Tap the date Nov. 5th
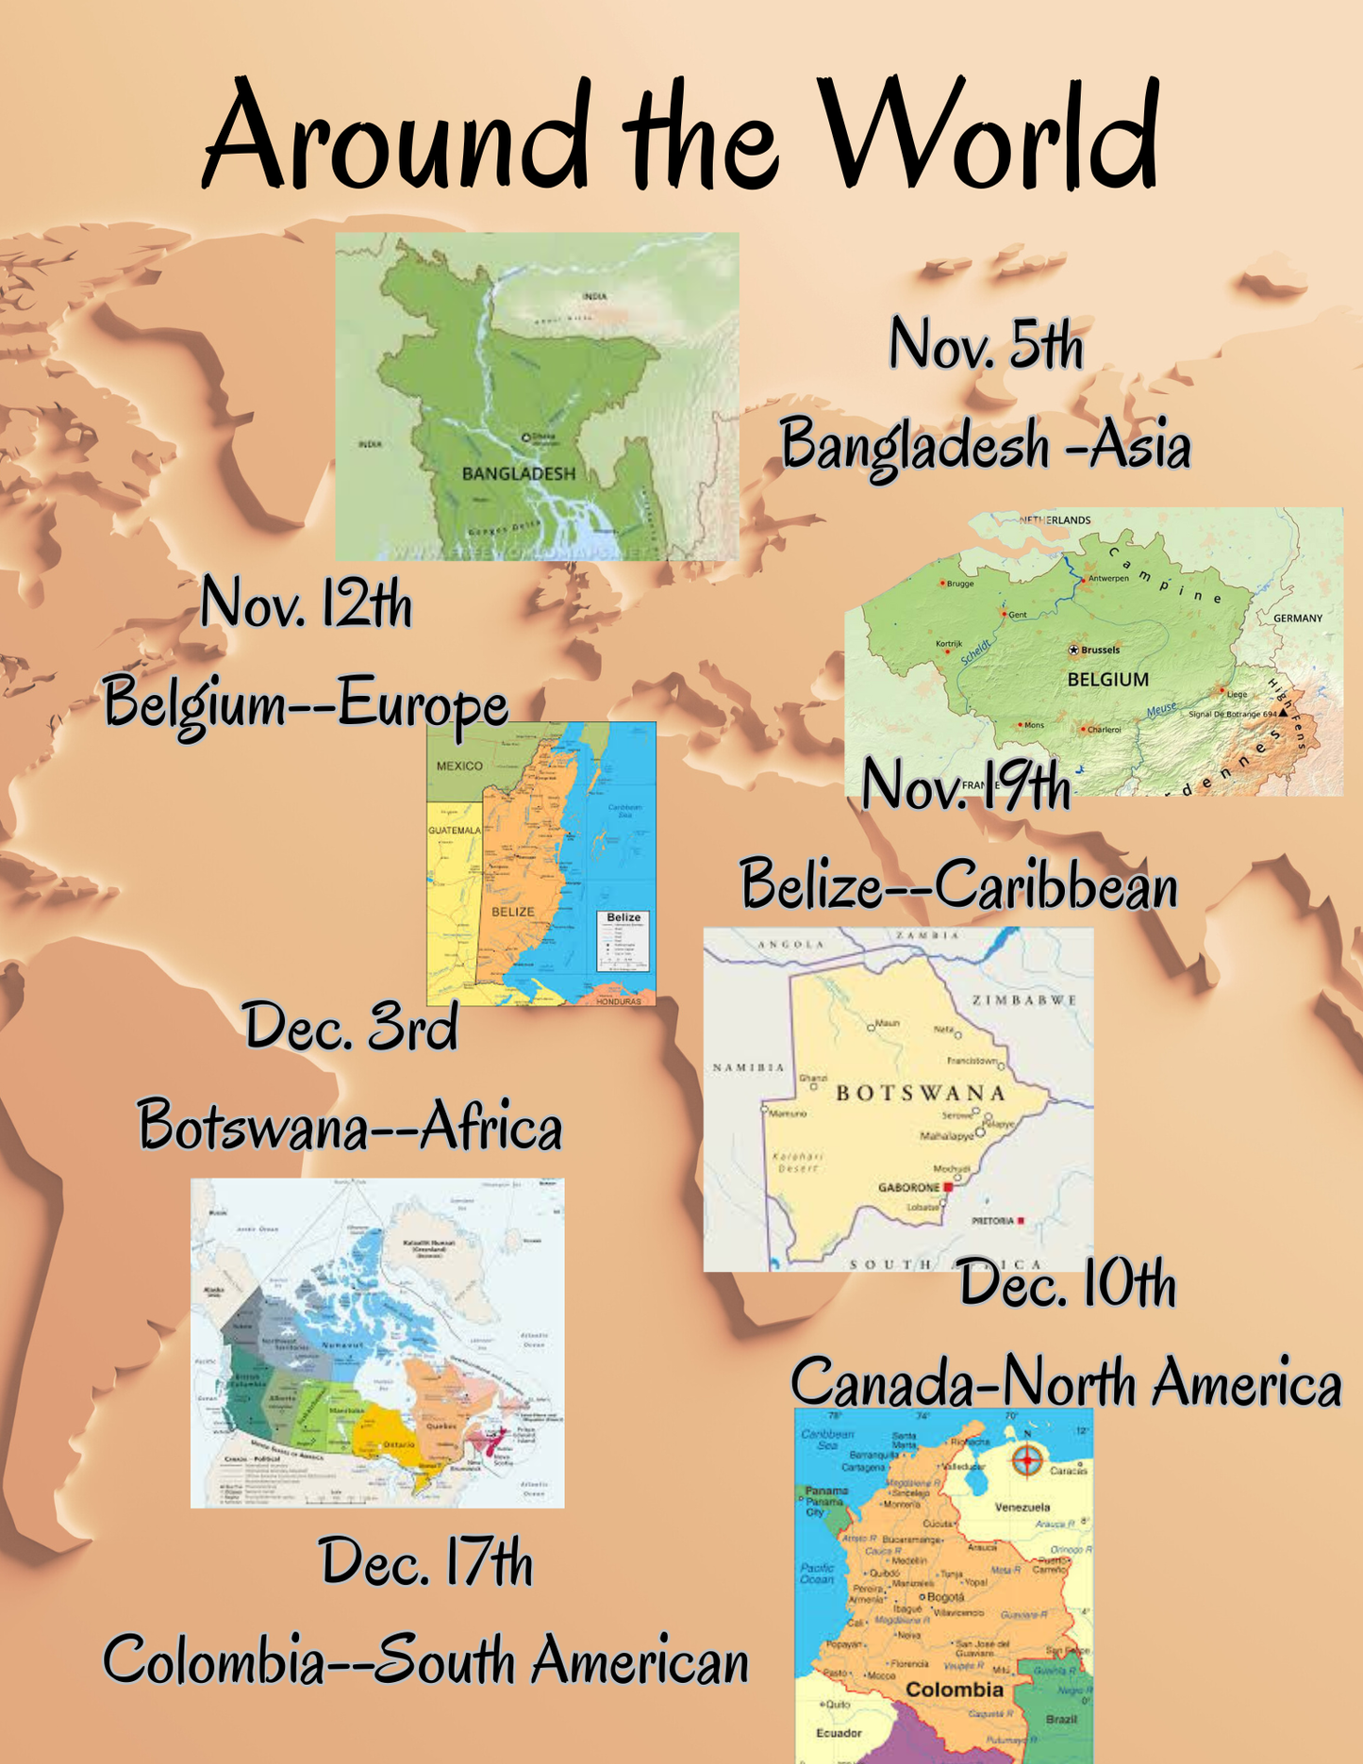(x=986, y=345)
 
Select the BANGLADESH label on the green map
(x=518, y=473)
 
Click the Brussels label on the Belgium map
(x=1099, y=650)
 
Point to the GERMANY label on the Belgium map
(x=1298, y=618)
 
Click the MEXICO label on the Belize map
(x=459, y=766)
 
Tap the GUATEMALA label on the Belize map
(x=455, y=830)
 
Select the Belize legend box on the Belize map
(x=623, y=940)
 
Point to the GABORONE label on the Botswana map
(x=908, y=1187)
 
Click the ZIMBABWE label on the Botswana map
(x=1024, y=1000)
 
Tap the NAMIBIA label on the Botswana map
(x=748, y=1067)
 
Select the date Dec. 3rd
(x=351, y=1027)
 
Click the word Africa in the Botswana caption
(x=490, y=1127)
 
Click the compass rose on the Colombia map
(x=1027, y=1460)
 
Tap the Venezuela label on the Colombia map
(x=1022, y=1507)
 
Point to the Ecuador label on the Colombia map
(x=839, y=1733)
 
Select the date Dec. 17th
(x=426, y=1562)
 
